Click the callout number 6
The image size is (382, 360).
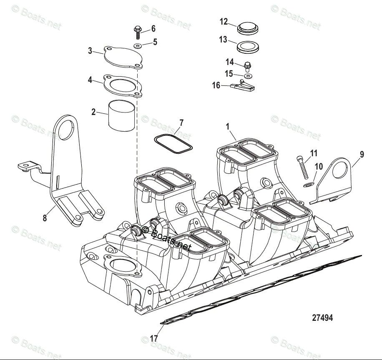tap(153, 29)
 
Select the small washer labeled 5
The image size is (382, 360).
tap(138, 45)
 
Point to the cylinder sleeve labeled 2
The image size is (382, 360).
tap(122, 115)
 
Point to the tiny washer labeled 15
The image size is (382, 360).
tap(249, 76)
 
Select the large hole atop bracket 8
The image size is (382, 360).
tap(65, 129)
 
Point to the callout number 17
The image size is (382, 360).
tap(154, 338)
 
